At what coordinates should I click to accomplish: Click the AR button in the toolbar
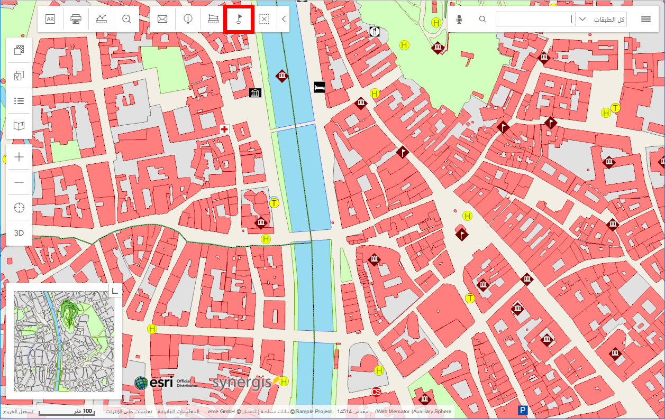click(x=50, y=20)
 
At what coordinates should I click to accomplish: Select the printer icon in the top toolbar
click(x=76, y=20)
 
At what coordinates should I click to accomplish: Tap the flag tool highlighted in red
click(x=239, y=19)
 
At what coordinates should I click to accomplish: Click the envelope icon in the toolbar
click(x=162, y=20)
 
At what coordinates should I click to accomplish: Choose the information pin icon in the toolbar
click(x=188, y=20)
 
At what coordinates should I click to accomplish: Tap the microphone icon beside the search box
click(x=459, y=20)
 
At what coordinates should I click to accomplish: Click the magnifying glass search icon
click(x=482, y=20)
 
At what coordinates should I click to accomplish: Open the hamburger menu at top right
click(x=645, y=20)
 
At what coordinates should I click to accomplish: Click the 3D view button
click(x=19, y=233)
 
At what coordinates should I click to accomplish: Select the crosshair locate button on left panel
click(x=19, y=208)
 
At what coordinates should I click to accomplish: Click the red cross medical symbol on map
click(x=224, y=129)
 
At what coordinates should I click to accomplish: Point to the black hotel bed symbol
click(x=319, y=87)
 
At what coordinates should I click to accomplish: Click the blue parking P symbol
click(x=523, y=411)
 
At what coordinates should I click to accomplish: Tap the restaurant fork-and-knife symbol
click(x=375, y=31)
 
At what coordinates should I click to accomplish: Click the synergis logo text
click(x=242, y=383)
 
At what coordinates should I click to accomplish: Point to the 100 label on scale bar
click(x=87, y=411)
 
